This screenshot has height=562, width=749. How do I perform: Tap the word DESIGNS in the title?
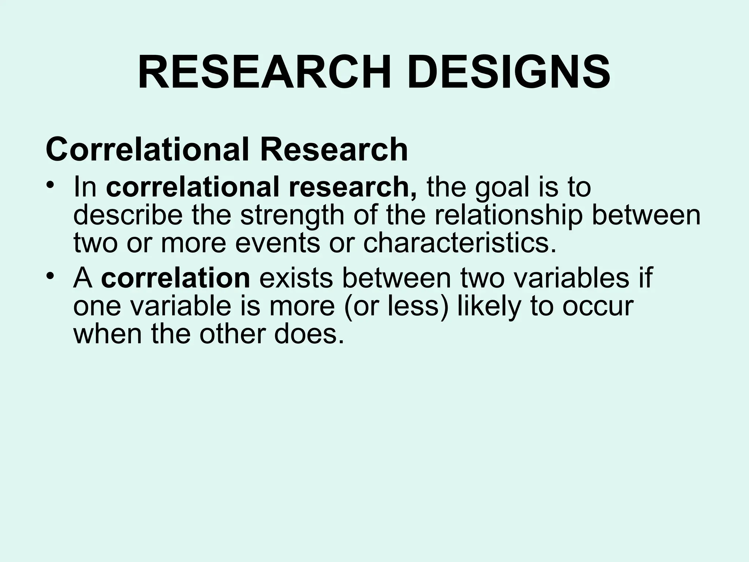click(509, 73)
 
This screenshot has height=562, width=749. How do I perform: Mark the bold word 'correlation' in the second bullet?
click(176, 278)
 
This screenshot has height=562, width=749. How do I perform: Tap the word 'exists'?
click(296, 278)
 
